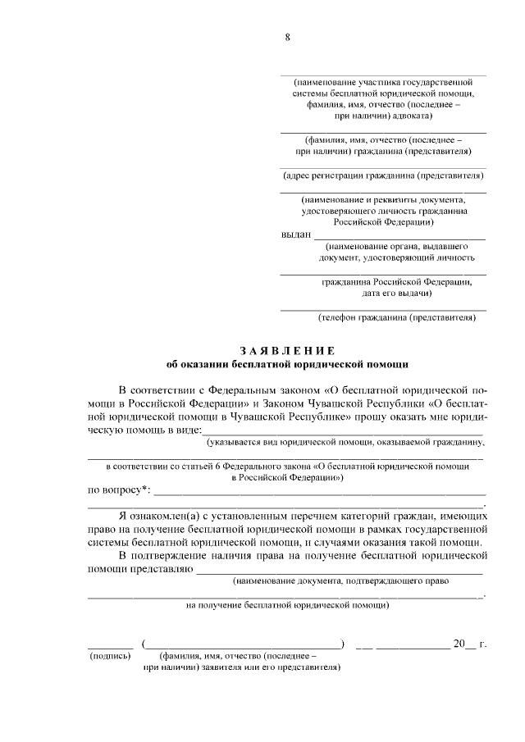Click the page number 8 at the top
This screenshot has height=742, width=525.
click(x=287, y=36)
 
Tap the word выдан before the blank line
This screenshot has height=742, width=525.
click(x=296, y=234)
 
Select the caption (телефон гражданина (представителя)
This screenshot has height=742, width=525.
click(x=397, y=316)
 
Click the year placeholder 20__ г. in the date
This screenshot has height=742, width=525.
click(x=470, y=644)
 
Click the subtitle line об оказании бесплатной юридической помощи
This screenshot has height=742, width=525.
click(x=287, y=363)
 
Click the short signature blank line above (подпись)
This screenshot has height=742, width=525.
click(x=110, y=648)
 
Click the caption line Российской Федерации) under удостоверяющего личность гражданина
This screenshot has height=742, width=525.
click(x=383, y=222)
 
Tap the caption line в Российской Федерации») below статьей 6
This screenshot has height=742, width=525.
click(x=287, y=476)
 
